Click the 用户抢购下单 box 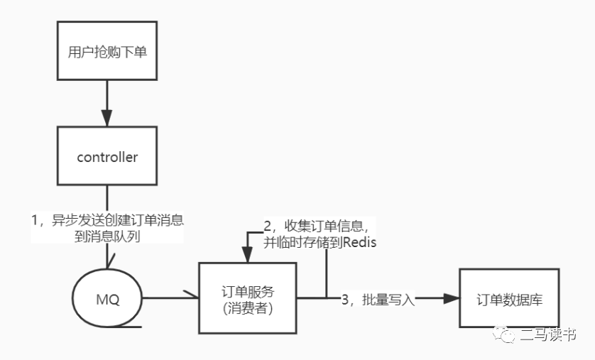pyautogui.click(x=107, y=53)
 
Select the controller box pyautogui.click(x=107, y=157)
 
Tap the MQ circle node pyautogui.click(x=107, y=298)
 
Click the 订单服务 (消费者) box pyautogui.click(x=247, y=298)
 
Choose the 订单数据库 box pyautogui.click(x=509, y=298)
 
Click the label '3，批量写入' pyautogui.click(x=377, y=300)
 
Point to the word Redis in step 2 pyautogui.click(x=360, y=243)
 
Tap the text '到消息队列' pyautogui.click(x=107, y=237)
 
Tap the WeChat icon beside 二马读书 pyautogui.click(x=506, y=334)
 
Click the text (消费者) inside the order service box pyautogui.click(x=247, y=308)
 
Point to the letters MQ pyautogui.click(x=107, y=299)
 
